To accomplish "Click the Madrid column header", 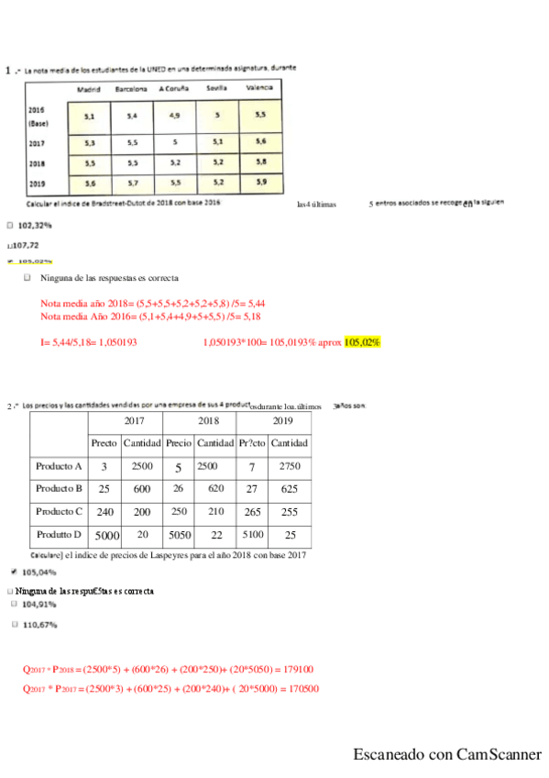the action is (89, 89).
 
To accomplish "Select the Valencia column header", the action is (260, 89).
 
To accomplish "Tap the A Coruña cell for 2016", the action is (174, 117).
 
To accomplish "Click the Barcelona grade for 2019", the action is (132, 183).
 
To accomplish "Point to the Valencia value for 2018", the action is (261, 162).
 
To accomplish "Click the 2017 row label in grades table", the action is (38, 143).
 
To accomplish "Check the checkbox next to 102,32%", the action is (9, 224).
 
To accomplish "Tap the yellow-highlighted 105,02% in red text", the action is (363, 342).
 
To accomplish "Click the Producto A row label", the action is (60, 466).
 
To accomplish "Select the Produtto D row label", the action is (60, 534).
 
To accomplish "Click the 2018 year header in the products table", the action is (208, 421).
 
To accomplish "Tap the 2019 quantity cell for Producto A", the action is (289, 466).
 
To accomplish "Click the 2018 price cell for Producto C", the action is (179, 511).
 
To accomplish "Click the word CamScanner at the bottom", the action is (500, 755).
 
